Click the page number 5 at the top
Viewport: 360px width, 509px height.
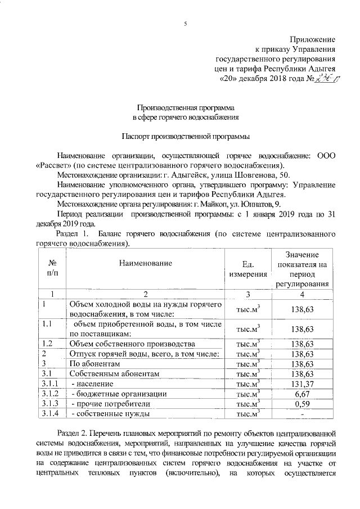(x=185, y=23)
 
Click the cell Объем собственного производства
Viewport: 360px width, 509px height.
(x=132, y=343)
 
